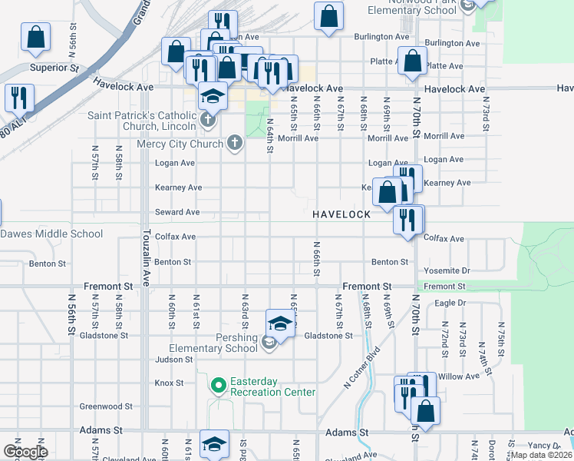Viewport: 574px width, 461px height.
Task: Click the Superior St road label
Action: point(54,68)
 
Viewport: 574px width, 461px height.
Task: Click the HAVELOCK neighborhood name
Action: point(342,213)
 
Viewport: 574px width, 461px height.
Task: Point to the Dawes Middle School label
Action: point(51,234)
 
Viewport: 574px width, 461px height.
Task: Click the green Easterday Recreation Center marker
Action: point(218,384)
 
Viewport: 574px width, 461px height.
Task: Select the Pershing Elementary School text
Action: point(213,343)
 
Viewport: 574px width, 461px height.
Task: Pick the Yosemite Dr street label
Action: point(447,271)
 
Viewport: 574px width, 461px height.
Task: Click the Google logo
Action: point(25,452)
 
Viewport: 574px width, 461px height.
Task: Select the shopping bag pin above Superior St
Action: point(35,37)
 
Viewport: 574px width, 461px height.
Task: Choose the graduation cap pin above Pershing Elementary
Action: point(281,323)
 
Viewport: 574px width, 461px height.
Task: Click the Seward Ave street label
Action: point(177,212)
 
